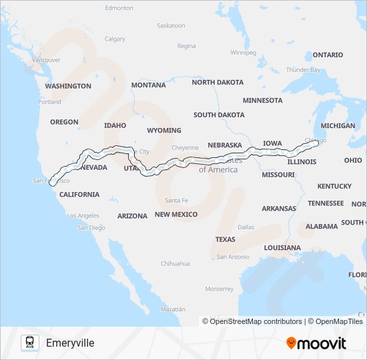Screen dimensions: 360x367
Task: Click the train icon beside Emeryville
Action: [x=29, y=343]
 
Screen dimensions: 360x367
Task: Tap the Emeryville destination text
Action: [x=70, y=343]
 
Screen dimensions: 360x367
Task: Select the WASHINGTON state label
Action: [x=68, y=86]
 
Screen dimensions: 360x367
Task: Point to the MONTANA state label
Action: [x=148, y=85]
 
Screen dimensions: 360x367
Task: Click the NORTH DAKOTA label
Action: [x=218, y=82]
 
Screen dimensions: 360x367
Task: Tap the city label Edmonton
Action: [x=119, y=8]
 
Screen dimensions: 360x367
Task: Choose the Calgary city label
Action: [x=115, y=39]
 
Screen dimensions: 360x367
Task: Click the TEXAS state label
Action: [x=225, y=239]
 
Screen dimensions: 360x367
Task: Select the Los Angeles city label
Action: [x=83, y=215]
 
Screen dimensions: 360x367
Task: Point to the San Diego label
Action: [x=91, y=227]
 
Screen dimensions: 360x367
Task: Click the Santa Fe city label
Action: [x=177, y=201]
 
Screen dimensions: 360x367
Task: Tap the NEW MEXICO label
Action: [x=175, y=215]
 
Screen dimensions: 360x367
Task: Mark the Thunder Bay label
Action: [x=303, y=69]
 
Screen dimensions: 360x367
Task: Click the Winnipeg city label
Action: [x=243, y=52]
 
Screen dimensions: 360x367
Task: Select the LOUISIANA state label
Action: [x=282, y=247]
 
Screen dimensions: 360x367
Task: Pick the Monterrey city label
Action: [x=220, y=289]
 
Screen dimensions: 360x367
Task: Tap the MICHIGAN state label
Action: [x=338, y=125]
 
